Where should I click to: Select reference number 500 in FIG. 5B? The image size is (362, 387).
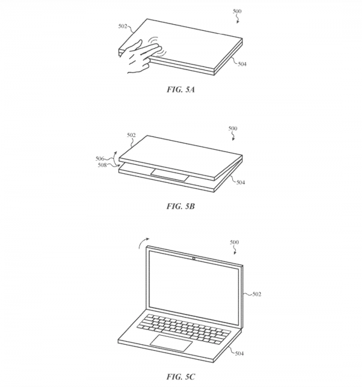[233, 129]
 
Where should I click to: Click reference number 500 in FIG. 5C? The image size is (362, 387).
[233, 242]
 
